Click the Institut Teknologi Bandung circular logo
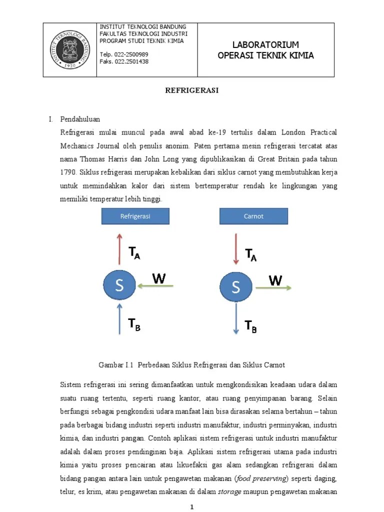pyautogui.click(x=69, y=49)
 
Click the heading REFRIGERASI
pyautogui.click(x=192, y=91)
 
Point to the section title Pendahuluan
pyautogui.click(x=80, y=119)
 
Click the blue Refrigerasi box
pyautogui.click(x=135, y=216)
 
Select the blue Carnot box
pyautogui.click(x=253, y=216)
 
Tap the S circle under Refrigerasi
pyautogui.click(x=119, y=286)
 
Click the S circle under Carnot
pyautogui.click(x=236, y=287)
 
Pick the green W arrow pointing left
pyautogui.click(x=156, y=286)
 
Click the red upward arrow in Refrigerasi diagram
pyautogui.click(x=119, y=248)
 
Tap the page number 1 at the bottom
pyautogui.click(x=192, y=507)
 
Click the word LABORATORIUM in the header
pyautogui.click(x=265, y=45)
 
